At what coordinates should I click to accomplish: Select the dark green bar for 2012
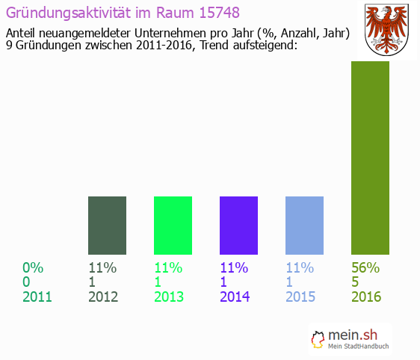[107, 225]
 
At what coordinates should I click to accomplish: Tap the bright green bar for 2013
[173, 225]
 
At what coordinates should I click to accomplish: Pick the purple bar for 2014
[238, 225]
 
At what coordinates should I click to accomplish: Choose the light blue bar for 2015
[304, 225]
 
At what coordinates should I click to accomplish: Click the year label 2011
[37, 297]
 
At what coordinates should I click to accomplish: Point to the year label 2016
[366, 297]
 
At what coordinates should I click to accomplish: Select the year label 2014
[235, 297]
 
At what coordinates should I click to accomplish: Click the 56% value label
[365, 267]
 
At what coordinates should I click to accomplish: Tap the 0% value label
[33, 267]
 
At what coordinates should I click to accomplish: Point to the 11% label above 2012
[102, 267]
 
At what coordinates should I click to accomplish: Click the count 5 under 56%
[356, 282]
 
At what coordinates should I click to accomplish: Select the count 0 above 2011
[27, 282]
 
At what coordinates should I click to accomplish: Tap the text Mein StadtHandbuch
[359, 346]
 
